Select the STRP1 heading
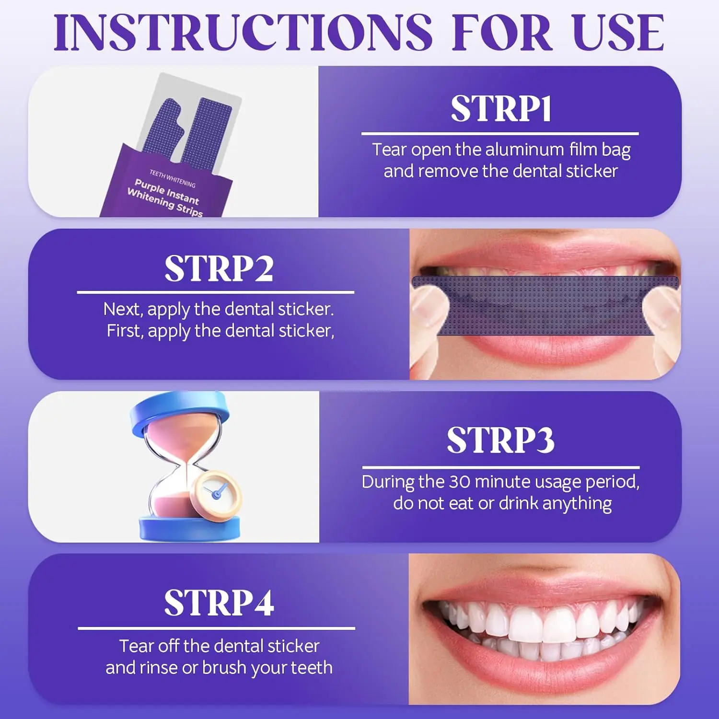(501, 109)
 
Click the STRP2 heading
(219, 268)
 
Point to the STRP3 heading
(501, 440)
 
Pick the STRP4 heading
(219, 603)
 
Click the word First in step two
(125, 331)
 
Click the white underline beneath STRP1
(500, 134)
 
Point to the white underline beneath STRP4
(216, 628)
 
